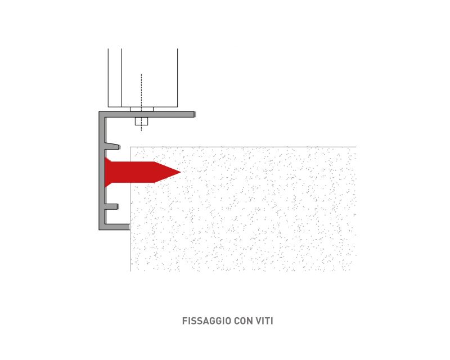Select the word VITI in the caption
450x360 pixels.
[265, 321]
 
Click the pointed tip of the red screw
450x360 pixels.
[181, 172]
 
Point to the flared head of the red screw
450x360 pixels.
[108, 172]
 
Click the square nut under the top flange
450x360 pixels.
[142, 121]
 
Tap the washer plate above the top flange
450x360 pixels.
[142, 109]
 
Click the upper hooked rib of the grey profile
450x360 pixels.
[112, 146]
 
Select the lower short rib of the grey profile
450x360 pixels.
[111, 206]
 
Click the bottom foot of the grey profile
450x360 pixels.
[118, 227]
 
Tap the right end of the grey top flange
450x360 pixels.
[195, 114]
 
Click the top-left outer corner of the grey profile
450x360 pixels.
[99, 112]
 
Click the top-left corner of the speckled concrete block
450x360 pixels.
[130, 147]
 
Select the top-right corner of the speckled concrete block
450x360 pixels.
[356, 147]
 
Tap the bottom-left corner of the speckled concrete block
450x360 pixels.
[130, 271]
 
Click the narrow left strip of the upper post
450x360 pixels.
[115, 78]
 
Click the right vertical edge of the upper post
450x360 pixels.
[177, 78]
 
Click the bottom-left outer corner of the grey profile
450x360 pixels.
[99, 230]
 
